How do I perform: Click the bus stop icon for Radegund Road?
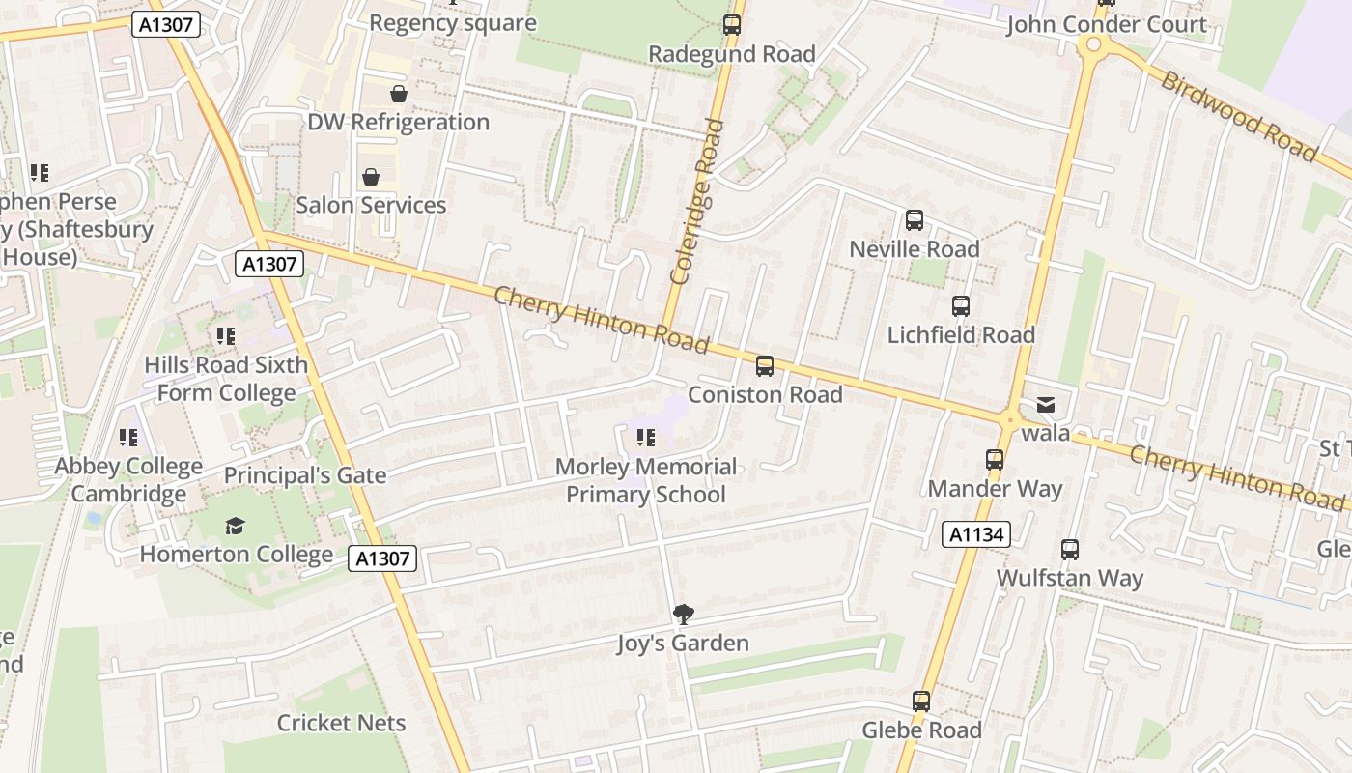coord(732,25)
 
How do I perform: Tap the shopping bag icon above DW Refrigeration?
coord(398,94)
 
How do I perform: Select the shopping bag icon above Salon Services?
coord(371,177)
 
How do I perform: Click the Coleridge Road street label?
coord(696,201)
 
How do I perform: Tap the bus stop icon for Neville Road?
coord(914,220)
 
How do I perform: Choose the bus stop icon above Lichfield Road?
coord(960,306)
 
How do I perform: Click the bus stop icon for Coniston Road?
coord(765,366)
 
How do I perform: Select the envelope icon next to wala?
coord(1046,405)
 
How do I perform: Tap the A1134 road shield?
coord(976,534)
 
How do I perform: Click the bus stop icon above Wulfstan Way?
coord(1070,550)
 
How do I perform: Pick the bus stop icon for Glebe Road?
coord(921,701)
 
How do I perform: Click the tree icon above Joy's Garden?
coord(684,614)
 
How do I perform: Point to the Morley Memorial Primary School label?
coord(645,480)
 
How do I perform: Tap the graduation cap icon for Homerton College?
coord(235,526)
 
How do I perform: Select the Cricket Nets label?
coord(341,723)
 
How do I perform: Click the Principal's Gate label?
coord(305,475)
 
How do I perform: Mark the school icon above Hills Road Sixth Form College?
coord(226,336)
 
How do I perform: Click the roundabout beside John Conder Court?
coord(1094,44)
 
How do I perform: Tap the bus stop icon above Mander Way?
coord(995,460)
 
